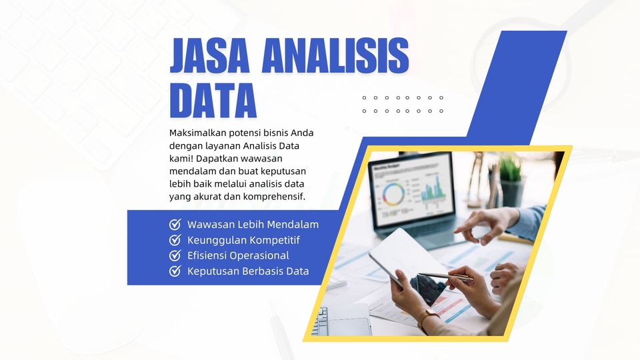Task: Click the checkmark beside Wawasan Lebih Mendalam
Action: pyautogui.click(x=175, y=225)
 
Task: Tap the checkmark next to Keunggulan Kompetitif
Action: pyautogui.click(x=175, y=240)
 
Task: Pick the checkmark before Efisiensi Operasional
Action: pyautogui.click(x=175, y=255)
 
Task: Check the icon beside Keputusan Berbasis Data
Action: pyautogui.click(x=175, y=271)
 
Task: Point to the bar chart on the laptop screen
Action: pyautogui.click(x=433, y=189)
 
